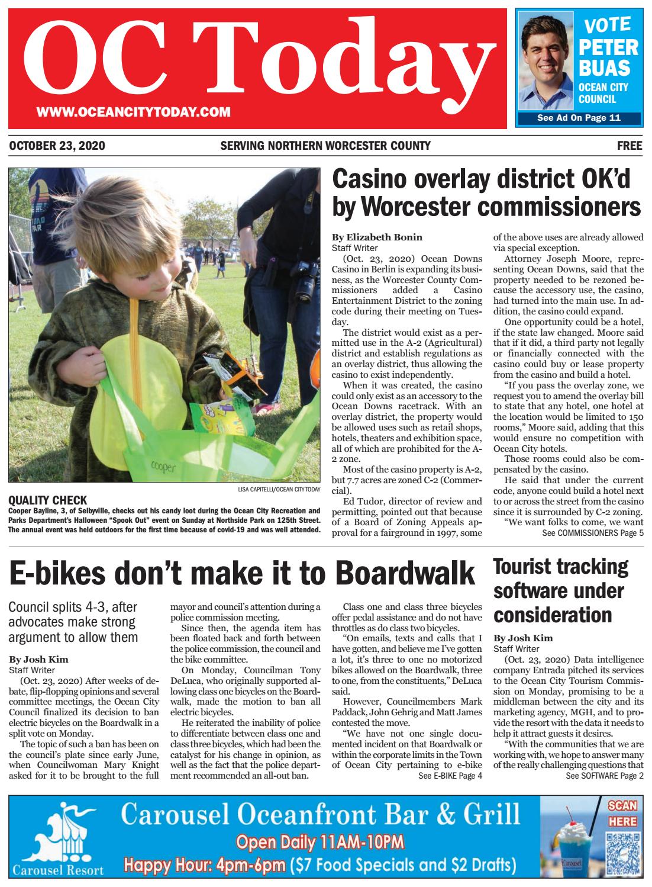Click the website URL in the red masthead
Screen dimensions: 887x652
pos(133,112)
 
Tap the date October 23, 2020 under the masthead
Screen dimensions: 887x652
pos(57,146)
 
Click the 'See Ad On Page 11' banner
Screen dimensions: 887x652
pos(578,118)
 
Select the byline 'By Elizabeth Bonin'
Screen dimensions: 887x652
pos(377,237)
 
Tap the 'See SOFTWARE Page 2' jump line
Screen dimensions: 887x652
pos(604,776)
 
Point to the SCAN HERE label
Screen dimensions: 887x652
pos(622,814)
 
